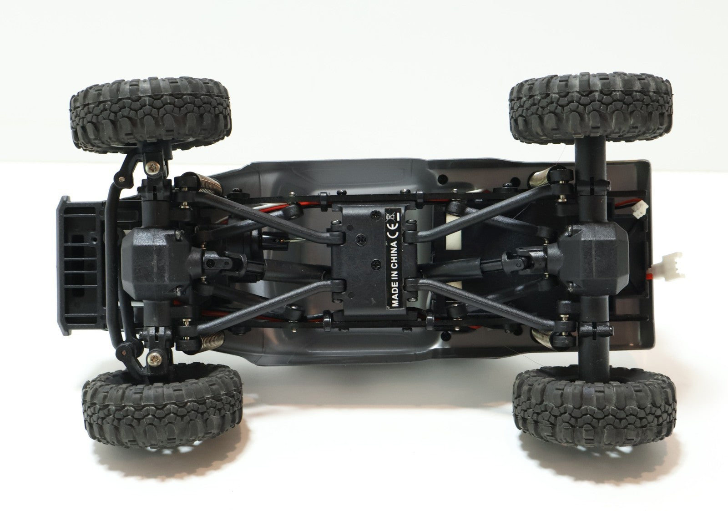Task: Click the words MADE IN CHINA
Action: pyautogui.click(x=394, y=273)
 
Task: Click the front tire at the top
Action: pyautogui.click(x=150, y=113)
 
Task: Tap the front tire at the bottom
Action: pyautogui.click(x=162, y=406)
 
